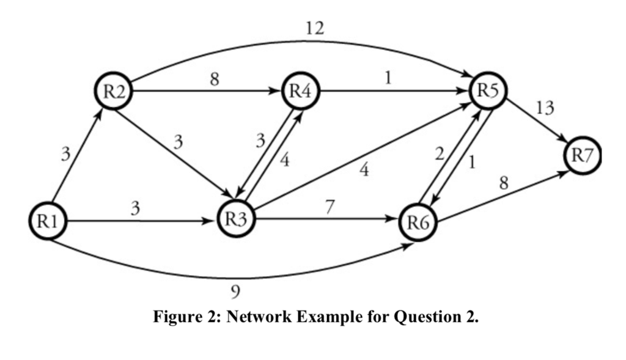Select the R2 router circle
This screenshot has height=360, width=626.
pos(114,93)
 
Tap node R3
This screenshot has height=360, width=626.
pos(236,220)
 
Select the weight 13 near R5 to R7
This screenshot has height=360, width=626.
pos(544,109)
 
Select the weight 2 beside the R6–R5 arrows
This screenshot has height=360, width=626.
pos(438,155)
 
